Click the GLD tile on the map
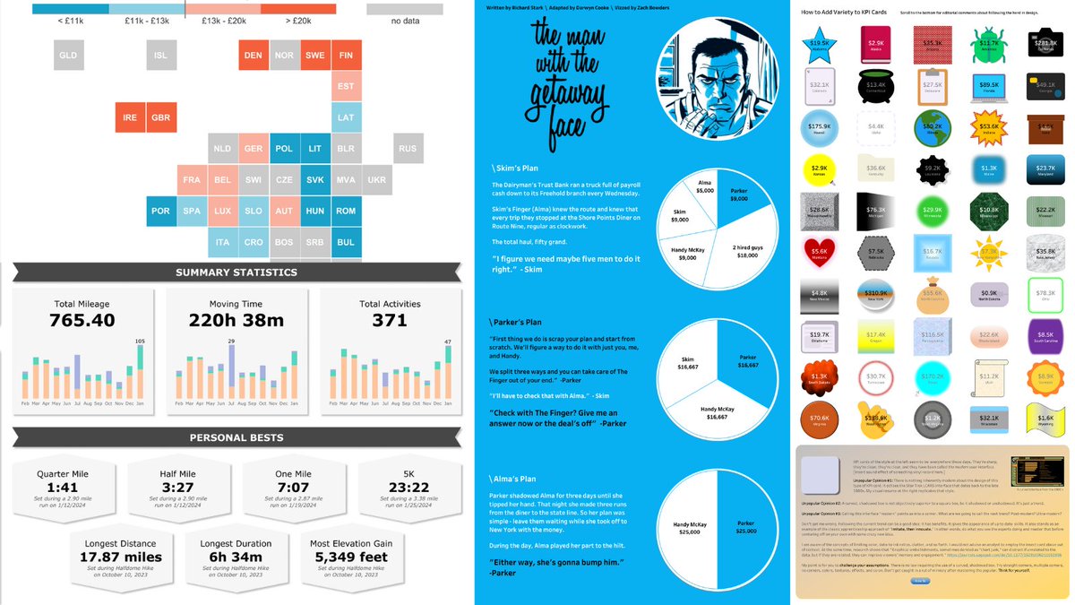point(68,55)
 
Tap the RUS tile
point(408,149)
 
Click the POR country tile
point(160,212)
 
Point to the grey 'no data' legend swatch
point(404,9)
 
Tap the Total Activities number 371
point(390,321)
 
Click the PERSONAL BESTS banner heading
point(236,437)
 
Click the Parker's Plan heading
point(517,321)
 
